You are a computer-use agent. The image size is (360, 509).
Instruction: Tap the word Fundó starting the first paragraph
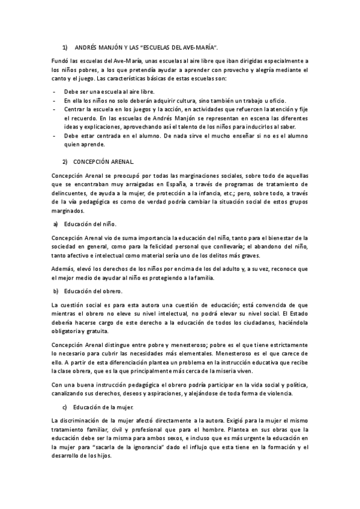[60, 61]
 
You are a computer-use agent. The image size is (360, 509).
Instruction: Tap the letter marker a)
[55, 224]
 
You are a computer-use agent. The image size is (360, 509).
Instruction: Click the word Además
[62, 270]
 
